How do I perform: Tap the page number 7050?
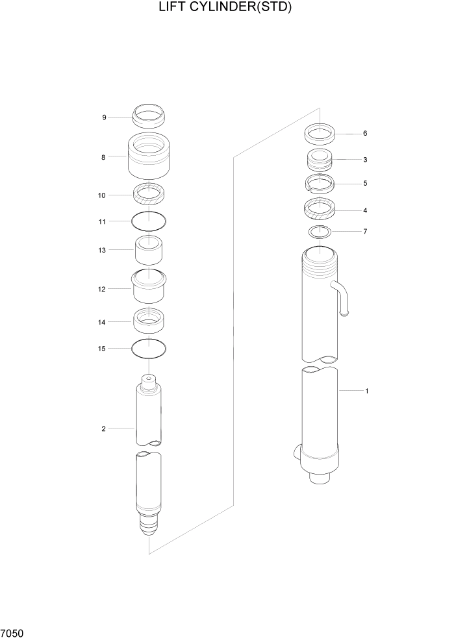13,632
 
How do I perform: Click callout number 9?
104,118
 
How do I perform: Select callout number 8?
103,156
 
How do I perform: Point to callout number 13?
102,250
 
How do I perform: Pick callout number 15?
102,349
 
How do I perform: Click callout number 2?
103,428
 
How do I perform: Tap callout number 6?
365,134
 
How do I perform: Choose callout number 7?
365,231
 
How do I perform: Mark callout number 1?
367,391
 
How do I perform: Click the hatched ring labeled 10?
149,193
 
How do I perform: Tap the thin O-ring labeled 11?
149,221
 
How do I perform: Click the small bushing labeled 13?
149,251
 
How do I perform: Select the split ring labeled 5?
320,184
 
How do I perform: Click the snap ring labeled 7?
320,232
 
